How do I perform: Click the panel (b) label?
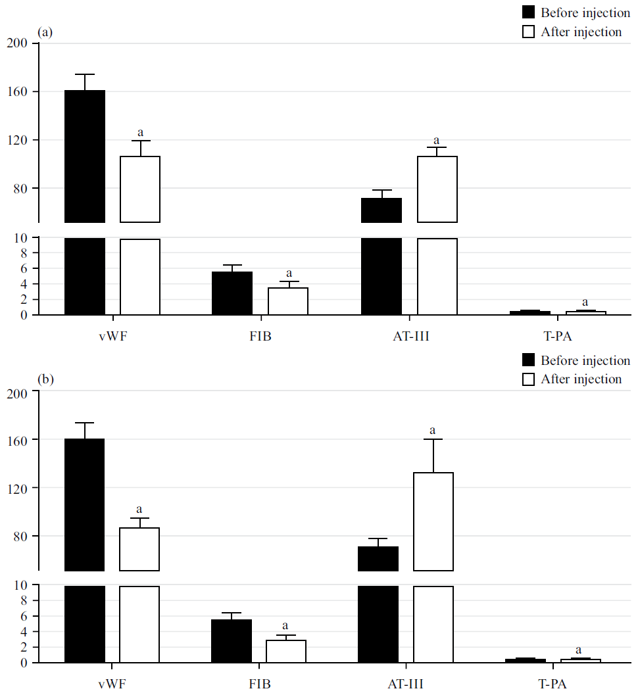[x=46, y=379]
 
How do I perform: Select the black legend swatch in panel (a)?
[x=528, y=12]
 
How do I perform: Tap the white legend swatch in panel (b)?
[x=528, y=379]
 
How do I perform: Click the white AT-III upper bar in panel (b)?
[x=433, y=521]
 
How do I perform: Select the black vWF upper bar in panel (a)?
[x=84, y=156]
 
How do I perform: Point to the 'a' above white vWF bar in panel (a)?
[x=140, y=132]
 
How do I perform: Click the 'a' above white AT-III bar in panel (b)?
[x=433, y=431]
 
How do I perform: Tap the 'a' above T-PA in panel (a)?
[x=586, y=302]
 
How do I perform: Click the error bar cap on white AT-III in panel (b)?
[x=433, y=439]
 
